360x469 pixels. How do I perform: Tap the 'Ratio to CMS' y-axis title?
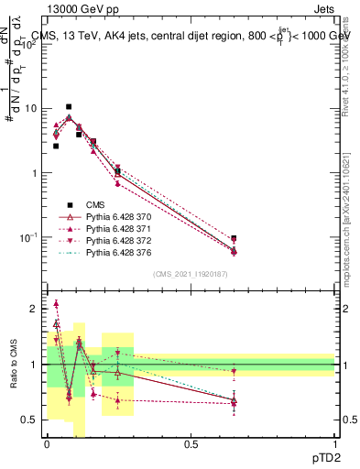(x=14, y=365)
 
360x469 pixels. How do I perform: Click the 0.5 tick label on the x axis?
(x=191, y=444)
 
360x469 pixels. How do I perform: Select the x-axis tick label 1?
(x=334, y=444)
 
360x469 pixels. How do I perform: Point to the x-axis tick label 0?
(x=47, y=444)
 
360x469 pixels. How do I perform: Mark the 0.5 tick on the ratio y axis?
(x=32, y=420)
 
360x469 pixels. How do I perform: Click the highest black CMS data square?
(x=69, y=107)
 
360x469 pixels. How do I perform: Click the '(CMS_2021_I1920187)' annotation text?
(x=191, y=274)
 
